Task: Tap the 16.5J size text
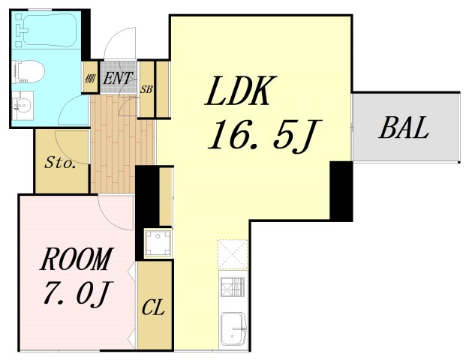point(265,134)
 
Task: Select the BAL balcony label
point(404,127)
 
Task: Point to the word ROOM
point(77,259)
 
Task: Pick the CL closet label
point(153,307)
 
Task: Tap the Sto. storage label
point(60,163)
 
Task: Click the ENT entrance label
point(116,78)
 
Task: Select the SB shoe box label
point(146,89)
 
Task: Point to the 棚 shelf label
point(90,79)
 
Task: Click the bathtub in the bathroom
point(47,30)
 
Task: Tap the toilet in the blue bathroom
point(29,72)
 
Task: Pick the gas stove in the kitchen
point(233,287)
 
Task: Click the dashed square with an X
point(233,254)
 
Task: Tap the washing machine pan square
point(158,242)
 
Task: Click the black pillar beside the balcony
point(341,191)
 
